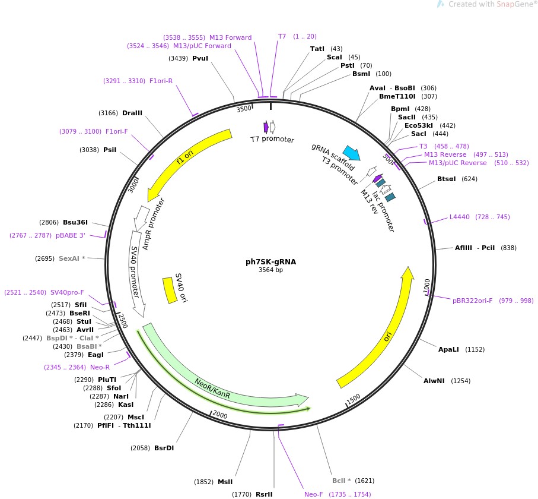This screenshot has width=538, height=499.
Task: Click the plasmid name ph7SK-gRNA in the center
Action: (270, 261)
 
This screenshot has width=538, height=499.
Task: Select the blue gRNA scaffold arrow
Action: (351, 153)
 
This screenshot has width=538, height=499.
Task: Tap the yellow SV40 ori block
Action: (170, 290)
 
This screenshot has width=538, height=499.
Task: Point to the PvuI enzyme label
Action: (200, 58)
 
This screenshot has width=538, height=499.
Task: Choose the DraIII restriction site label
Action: (132, 113)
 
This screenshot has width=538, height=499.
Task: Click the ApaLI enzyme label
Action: (448, 349)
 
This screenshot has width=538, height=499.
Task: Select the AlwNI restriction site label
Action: (435, 380)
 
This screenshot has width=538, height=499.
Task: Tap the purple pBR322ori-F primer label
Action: (472, 301)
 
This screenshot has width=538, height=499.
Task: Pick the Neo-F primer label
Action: (313, 494)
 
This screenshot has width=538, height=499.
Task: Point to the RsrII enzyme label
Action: (264, 494)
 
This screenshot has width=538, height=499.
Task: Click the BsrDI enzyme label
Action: (164, 448)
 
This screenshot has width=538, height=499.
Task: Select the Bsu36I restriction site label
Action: (75, 222)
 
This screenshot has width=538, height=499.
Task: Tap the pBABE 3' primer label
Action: (71, 236)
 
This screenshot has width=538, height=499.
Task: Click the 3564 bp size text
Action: (270, 270)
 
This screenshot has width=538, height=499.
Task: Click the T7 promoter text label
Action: (272, 140)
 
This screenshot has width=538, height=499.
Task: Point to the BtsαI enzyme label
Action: (447, 179)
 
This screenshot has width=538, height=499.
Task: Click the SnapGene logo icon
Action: (440, 4)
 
